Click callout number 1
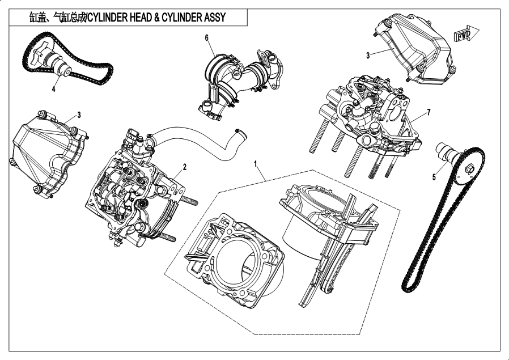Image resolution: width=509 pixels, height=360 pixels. click(256, 164)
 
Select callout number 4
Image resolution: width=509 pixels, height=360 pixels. click(54, 88)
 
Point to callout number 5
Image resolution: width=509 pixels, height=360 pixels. click(434, 177)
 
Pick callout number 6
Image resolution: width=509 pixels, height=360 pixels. click(206, 37)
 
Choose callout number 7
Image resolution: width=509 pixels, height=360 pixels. click(429, 112)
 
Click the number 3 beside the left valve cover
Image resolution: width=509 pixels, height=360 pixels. click(79, 115)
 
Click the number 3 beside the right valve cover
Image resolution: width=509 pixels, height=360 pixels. click(368, 55)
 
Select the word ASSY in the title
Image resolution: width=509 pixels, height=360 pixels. click(212, 18)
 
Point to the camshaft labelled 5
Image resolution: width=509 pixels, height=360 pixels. click(448, 154)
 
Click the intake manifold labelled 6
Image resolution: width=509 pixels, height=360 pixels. click(235, 79)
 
